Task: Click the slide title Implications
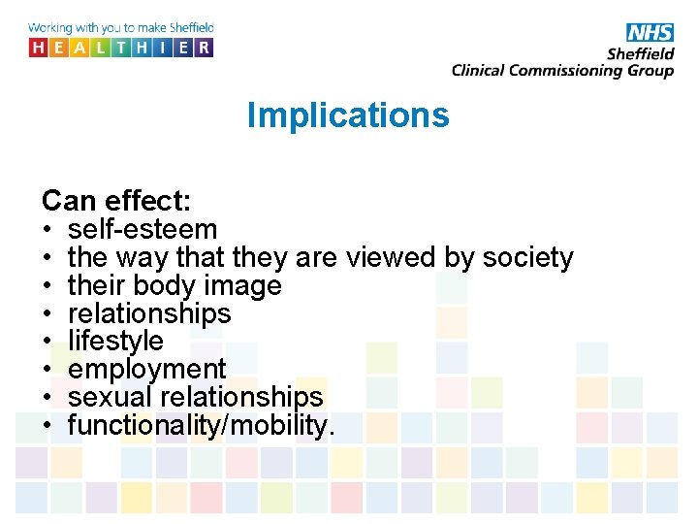348,115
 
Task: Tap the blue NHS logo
649,33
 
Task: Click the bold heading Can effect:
116,202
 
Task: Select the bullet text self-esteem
143,230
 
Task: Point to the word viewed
394,258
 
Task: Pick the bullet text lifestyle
115,342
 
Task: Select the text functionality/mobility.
202,425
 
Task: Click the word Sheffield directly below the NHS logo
641,53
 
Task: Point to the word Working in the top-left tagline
53,28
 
